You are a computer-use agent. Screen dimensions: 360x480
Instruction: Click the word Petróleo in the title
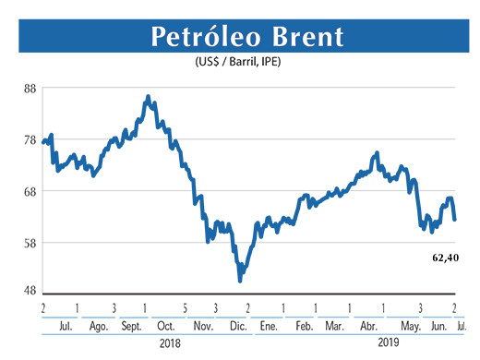pyautogui.click(x=199, y=38)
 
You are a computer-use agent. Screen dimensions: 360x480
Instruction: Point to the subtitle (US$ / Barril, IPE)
pyautogui.click(x=243, y=62)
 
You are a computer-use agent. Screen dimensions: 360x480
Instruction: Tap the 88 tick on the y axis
pyautogui.click(x=30, y=89)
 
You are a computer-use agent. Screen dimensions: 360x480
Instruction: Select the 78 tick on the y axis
pyautogui.click(x=30, y=140)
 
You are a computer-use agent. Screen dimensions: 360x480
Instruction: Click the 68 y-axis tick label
pyautogui.click(x=30, y=192)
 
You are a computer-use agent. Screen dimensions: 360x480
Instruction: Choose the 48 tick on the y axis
pyautogui.click(x=30, y=288)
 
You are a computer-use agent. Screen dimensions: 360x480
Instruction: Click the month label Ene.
pyautogui.click(x=270, y=327)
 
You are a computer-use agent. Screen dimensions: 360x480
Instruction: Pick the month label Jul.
pyautogui.click(x=65, y=327)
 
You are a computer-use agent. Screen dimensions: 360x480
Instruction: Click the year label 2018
pyautogui.click(x=169, y=343)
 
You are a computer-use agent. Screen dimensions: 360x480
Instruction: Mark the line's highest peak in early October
pyautogui.click(x=148, y=96)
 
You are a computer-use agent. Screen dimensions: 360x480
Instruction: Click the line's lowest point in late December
pyautogui.click(x=240, y=280)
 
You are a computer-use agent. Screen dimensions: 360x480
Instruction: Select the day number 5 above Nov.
pyautogui.click(x=185, y=306)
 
